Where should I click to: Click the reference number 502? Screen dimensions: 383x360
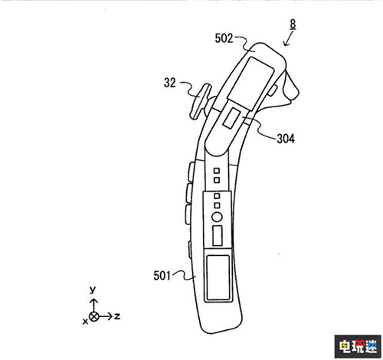224,38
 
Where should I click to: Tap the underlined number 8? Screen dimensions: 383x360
293,25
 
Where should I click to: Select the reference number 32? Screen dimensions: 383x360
170,83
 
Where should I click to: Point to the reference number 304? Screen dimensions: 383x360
286,139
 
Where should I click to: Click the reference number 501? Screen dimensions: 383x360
162,276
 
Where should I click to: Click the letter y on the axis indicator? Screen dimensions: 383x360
93,290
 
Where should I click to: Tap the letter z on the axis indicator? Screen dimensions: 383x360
117,316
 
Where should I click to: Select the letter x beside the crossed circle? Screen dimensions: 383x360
85,322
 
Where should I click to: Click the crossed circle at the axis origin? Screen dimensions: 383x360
94,316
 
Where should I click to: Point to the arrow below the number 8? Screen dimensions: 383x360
288,40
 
